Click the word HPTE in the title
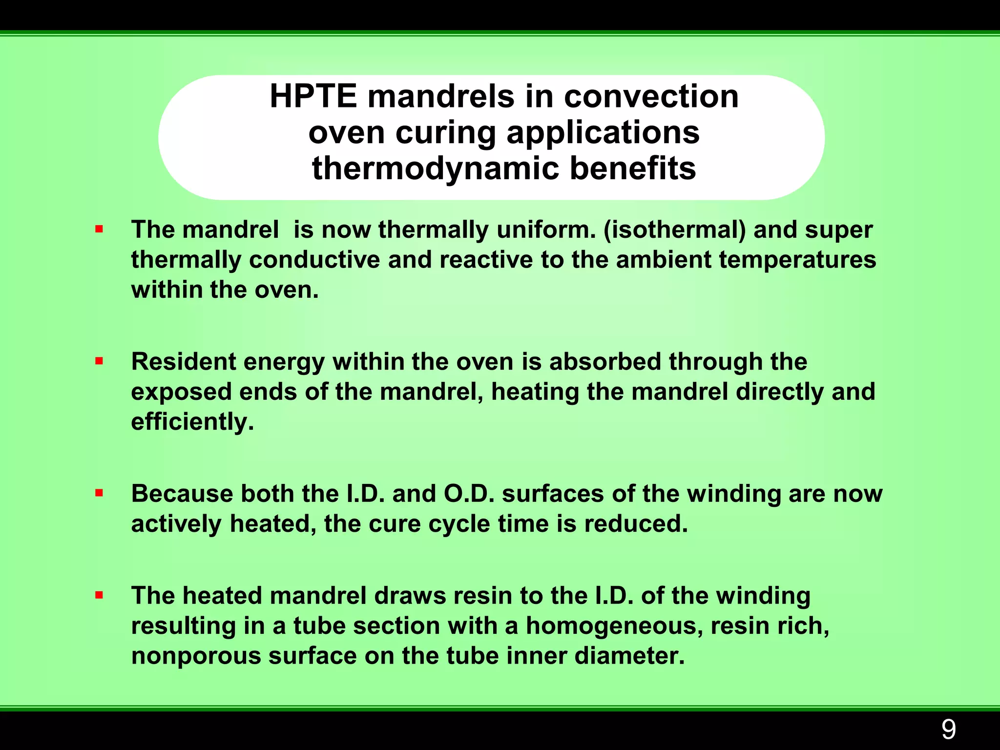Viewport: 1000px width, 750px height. [313, 96]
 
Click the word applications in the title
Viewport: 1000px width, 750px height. [603, 133]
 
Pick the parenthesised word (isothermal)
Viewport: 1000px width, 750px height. [675, 229]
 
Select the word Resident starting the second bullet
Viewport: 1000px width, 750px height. [184, 362]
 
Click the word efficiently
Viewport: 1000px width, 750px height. [192, 421]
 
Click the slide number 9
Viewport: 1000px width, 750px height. [948, 730]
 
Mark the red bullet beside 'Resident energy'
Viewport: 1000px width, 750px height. [99, 362]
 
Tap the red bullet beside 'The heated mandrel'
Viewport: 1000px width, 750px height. [99, 595]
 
